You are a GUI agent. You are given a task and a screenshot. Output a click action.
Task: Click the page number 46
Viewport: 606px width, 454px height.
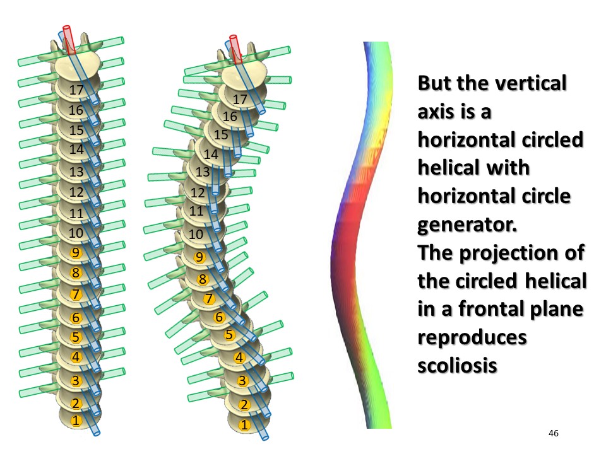coord(554,433)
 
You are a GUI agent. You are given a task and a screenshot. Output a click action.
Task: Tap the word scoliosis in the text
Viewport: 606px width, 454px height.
coord(457,365)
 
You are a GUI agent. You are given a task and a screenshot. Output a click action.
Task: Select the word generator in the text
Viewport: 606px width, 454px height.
coord(467,224)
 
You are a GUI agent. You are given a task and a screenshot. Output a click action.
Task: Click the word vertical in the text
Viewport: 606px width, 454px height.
coord(530,83)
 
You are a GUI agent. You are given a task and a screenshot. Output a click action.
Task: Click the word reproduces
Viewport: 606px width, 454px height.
coord(472,337)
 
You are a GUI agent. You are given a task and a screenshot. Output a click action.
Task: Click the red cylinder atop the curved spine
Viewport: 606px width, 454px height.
coord(235,49)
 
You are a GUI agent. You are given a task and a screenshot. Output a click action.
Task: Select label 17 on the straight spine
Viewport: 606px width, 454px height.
coord(76,90)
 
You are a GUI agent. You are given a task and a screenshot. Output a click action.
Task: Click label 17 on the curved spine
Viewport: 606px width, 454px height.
coord(240,99)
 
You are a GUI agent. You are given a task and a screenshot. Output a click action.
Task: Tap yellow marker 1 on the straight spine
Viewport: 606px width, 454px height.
coord(76,421)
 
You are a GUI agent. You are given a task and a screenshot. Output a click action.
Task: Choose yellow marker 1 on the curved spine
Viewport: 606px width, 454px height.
coord(244,425)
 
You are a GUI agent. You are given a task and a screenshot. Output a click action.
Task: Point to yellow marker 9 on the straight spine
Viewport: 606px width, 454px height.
coord(76,252)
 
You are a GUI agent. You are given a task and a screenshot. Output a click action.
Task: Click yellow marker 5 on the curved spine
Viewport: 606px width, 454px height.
coord(229,334)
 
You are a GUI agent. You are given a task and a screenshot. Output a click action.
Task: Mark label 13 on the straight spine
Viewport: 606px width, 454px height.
coord(76,172)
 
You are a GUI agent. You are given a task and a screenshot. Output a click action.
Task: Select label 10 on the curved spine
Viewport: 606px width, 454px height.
coord(196,234)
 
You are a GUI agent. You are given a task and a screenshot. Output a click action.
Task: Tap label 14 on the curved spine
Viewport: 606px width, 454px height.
coord(211,154)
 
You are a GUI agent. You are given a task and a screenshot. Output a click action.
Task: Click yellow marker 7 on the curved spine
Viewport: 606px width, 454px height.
coord(209,298)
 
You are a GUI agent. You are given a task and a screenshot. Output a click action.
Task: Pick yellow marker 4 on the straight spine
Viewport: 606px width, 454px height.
coord(76,357)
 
